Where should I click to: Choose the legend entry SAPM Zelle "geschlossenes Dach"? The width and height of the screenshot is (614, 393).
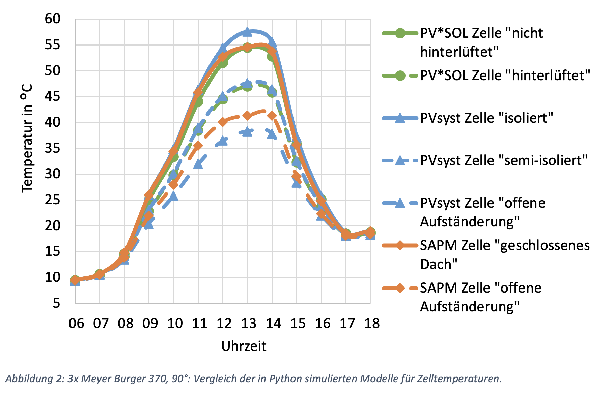[x=505, y=254]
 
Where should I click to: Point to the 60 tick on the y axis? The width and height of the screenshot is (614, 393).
[x=52, y=19]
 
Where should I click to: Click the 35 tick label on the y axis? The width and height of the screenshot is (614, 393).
[x=52, y=148]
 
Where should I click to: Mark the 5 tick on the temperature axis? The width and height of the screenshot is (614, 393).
[x=56, y=303]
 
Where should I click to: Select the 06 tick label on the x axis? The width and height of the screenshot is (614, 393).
[x=76, y=323]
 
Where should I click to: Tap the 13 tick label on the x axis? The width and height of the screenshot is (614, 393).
[x=249, y=323]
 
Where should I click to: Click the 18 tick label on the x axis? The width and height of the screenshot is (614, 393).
[x=372, y=323]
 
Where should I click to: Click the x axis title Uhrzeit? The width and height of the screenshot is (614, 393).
[x=244, y=346]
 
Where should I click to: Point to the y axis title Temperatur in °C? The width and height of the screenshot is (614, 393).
[x=27, y=138]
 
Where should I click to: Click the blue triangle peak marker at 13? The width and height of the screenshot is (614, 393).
[x=247, y=32]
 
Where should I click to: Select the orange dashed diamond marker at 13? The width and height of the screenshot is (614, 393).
[x=247, y=116]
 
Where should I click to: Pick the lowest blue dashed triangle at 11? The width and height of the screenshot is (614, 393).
[x=198, y=164]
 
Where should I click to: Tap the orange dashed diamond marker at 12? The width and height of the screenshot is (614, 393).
[x=223, y=122]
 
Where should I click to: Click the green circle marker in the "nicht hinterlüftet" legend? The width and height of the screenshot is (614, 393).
[x=400, y=33]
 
